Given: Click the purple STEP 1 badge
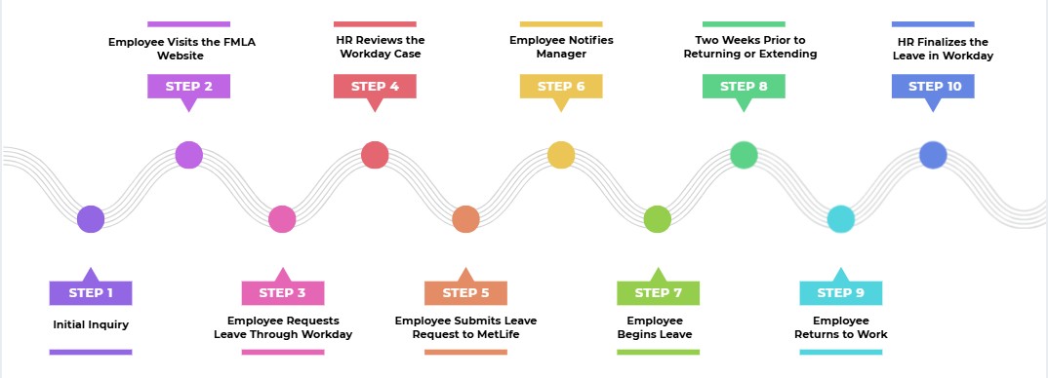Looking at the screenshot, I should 91,292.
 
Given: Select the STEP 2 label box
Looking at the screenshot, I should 188,87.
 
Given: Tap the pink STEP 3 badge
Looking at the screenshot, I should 282,292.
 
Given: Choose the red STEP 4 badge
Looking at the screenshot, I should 375,87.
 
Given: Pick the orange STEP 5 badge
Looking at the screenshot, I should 465,292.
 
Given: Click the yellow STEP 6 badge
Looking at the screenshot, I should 560,87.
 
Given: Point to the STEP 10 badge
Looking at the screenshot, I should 933,87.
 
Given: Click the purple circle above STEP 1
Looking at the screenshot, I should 91,219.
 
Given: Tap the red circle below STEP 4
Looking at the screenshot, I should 375,155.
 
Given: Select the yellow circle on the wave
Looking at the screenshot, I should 561,155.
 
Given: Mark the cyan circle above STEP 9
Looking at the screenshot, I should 840,219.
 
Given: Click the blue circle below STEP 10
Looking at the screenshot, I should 933,155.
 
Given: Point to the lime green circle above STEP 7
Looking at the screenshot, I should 658,219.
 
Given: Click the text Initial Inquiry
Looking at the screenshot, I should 91,324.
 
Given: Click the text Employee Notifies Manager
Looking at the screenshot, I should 561,47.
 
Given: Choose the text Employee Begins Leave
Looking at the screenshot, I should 655,327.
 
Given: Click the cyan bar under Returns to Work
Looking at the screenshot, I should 840,352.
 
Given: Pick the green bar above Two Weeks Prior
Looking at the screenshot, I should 744,23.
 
